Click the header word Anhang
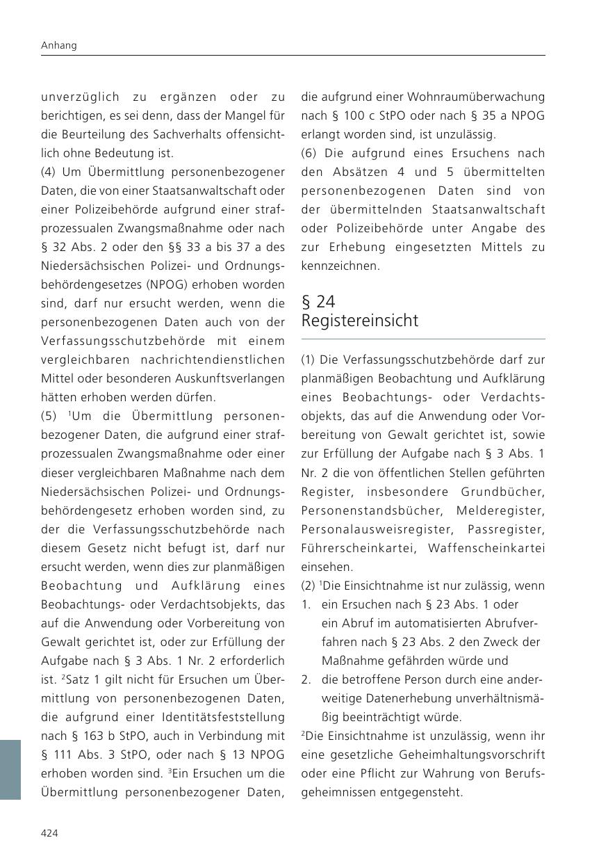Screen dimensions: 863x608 [58, 45]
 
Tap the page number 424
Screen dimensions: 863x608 [49, 833]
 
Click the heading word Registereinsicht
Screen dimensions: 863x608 [360, 321]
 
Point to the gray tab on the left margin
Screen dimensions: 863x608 [10, 769]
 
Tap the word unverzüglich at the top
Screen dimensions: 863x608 [81, 97]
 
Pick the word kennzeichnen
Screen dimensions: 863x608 [340, 266]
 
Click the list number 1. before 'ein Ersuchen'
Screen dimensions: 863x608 [306, 604]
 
